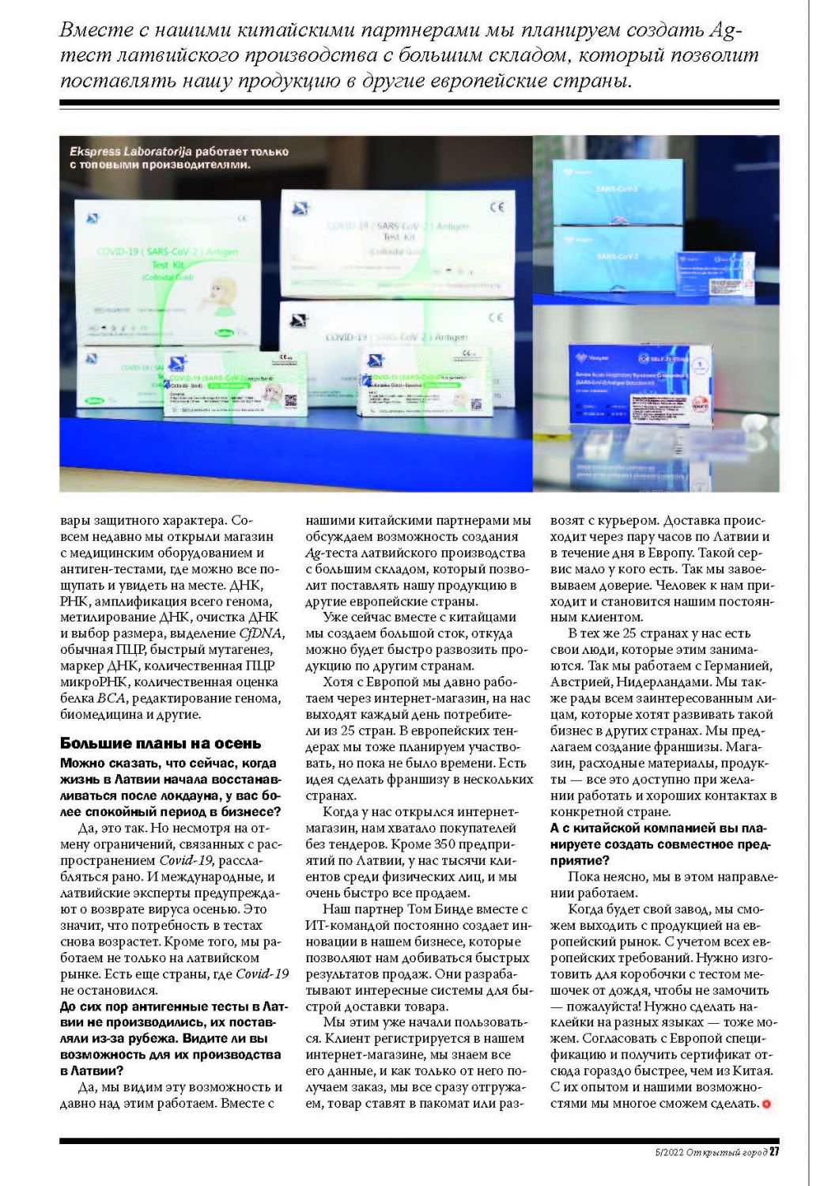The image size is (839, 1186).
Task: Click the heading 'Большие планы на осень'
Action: pyautogui.click(x=161, y=743)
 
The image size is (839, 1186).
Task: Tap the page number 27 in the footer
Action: pyautogui.click(x=774, y=1152)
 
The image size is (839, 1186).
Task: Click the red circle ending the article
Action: pyautogui.click(x=765, y=1104)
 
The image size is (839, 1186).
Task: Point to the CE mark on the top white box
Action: pyautogui.click(x=497, y=207)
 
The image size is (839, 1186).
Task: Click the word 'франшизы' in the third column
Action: pyautogui.click(x=709, y=746)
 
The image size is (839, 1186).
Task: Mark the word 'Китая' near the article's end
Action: pyautogui.click(x=752, y=1071)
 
